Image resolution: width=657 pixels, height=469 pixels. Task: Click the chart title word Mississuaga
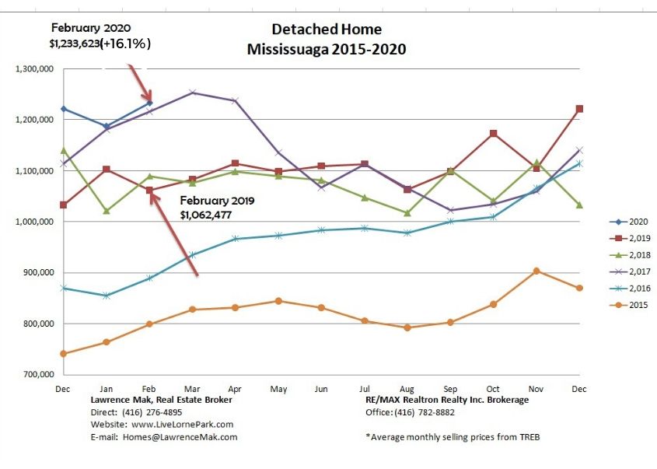[x=288, y=49]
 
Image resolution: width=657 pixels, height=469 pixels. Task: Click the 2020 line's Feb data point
[x=149, y=103]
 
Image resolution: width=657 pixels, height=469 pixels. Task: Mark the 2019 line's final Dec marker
[x=579, y=109]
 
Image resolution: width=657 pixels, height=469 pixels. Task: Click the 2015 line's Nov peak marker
[x=536, y=271]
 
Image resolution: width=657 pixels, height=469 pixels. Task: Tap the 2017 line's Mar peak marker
[x=192, y=93]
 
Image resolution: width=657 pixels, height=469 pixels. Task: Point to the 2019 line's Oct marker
[x=493, y=134]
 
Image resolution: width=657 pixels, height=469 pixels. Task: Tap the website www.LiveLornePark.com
[x=182, y=424]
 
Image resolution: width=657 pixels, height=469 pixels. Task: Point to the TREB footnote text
[x=453, y=436]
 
